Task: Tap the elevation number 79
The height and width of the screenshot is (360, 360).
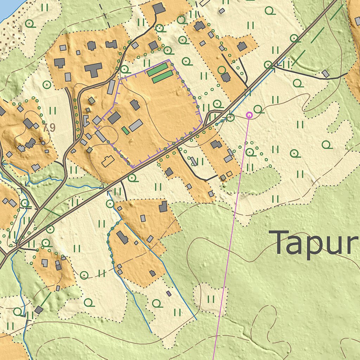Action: (x=49, y=128)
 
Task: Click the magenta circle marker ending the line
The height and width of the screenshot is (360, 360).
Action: (x=249, y=115)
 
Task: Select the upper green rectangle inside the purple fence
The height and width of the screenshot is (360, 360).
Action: (x=157, y=70)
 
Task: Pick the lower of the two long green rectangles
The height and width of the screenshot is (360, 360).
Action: (x=162, y=77)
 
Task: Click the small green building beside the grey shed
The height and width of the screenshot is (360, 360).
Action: (x=125, y=130)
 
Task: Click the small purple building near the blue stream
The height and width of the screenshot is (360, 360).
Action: (x=169, y=293)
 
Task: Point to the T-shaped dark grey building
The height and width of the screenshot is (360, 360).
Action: (x=93, y=70)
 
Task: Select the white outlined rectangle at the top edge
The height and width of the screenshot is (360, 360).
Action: (x=204, y=2)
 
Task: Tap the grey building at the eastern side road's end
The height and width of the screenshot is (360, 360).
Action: (x=326, y=73)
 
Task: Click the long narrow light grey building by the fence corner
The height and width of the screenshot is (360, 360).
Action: (x=111, y=87)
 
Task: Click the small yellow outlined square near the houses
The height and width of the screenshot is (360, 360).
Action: (x=229, y=174)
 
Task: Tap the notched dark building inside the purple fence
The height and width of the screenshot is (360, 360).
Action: (x=135, y=105)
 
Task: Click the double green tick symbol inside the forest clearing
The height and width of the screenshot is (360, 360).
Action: (x=211, y=299)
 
